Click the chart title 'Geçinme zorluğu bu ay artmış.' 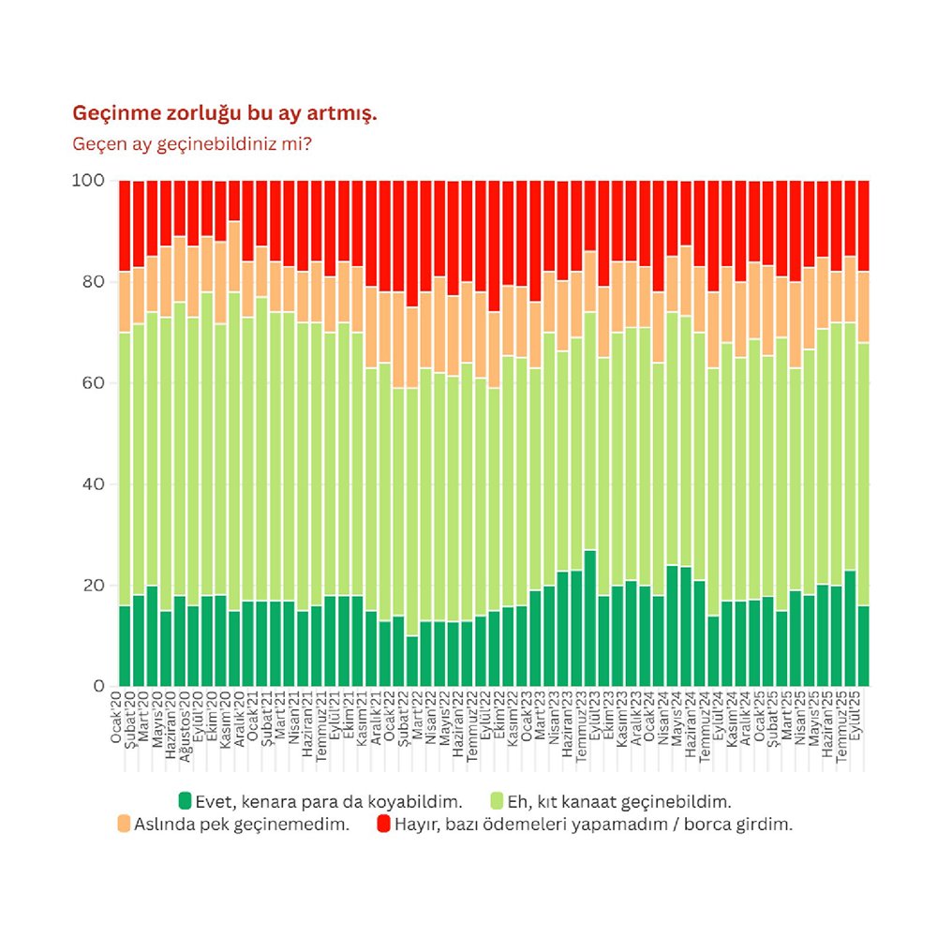pyautogui.click(x=224, y=114)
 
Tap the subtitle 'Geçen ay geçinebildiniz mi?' pyautogui.click(x=192, y=144)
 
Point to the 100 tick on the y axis pyautogui.click(x=89, y=181)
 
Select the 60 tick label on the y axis pyautogui.click(x=93, y=383)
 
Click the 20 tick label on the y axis pyautogui.click(x=93, y=586)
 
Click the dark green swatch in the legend pyautogui.click(x=186, y=801)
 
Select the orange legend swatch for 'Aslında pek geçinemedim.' pyautogui.click(x=124, y=825)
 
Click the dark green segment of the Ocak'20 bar pyautogui.click(x=125, y=646)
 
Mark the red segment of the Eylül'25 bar pyautogui.click(x=864, y=226)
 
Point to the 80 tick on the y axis pyautogui.click(x=93, y=282)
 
